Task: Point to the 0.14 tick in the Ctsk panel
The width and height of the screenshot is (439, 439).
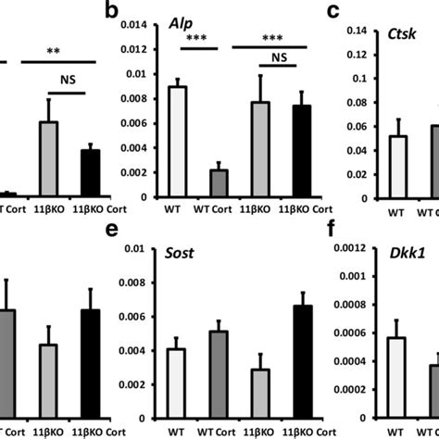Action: coord(357,31)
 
